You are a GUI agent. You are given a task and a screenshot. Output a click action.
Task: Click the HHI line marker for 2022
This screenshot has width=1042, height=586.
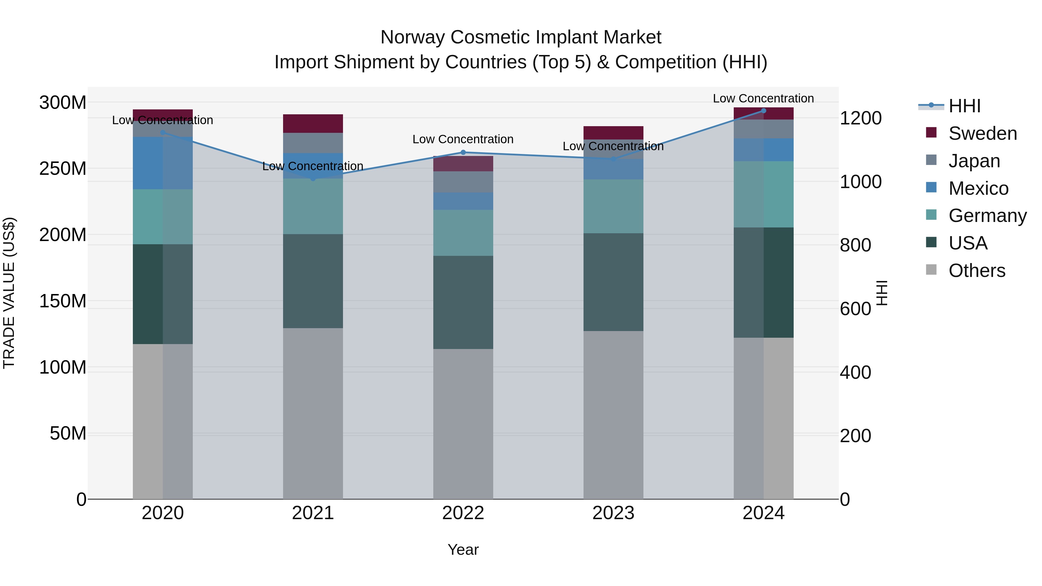[463, 153]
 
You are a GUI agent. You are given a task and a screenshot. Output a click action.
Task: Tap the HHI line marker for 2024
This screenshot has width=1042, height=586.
[763, 111]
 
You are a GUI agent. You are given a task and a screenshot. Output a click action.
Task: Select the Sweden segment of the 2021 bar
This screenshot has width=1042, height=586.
[313, 123]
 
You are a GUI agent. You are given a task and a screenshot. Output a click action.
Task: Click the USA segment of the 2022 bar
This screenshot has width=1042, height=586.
[463, 302]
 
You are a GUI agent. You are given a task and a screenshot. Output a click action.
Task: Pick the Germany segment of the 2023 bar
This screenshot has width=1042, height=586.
[613, 206]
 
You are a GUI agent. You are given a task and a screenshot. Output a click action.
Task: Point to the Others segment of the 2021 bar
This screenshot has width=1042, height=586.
[313, 413]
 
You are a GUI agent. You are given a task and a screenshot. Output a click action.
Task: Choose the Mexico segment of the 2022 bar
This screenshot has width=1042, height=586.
[463, 201]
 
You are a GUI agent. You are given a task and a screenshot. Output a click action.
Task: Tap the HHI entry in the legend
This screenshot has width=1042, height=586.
[964, 106]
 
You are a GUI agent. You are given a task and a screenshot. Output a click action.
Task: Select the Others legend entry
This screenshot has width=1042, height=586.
[977, 271]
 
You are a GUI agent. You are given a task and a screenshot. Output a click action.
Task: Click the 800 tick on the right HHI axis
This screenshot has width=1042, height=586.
[855, 245]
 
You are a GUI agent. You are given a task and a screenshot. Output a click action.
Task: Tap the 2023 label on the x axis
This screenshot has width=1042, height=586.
[613, 513]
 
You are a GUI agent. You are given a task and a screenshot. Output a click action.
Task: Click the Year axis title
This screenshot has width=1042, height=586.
[463, 550]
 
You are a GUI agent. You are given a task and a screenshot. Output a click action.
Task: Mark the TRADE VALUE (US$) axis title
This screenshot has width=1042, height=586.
[9, 293]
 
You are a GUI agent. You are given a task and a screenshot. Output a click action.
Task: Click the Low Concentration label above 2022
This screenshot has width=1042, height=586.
[463, 139]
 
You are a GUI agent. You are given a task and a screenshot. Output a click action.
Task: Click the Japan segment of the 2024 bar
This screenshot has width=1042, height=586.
[763, 129]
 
